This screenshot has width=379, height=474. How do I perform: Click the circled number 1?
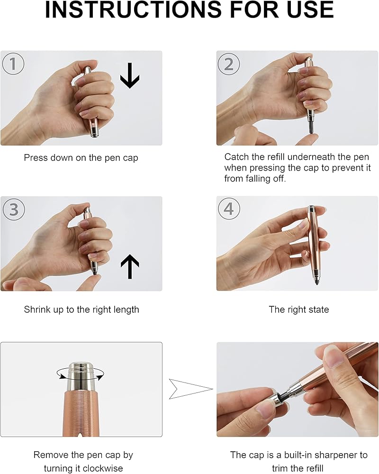point(13,64)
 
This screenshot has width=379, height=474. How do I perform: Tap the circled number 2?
point(229,64)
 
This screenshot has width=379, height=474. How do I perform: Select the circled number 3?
point(14,210)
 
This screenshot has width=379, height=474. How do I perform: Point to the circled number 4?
point(229,209)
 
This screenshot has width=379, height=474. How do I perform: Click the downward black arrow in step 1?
point(130,75)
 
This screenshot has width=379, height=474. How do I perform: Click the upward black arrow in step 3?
point(130,266)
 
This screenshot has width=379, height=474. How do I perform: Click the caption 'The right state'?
point(298,309)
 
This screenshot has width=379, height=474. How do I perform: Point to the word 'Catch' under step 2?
point(236,157)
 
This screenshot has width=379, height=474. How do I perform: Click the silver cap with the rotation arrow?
point(81,377)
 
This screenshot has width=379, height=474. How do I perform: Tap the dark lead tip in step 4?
point(316,283)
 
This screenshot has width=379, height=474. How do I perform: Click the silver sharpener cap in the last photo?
point(276,401)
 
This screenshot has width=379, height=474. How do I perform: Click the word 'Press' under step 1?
point(36,157)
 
